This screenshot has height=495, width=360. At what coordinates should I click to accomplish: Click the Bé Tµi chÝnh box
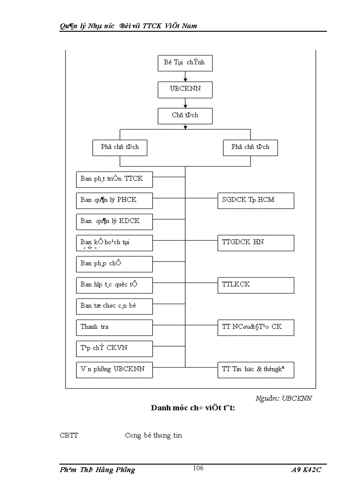coord(185,63)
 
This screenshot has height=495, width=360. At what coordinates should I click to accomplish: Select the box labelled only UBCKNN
coord(185,89)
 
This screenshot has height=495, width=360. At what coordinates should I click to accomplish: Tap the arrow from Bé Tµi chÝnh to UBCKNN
coord(185,76)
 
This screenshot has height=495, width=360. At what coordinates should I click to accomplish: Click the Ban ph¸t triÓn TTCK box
coord(114,179)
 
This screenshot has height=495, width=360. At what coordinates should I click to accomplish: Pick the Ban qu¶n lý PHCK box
coord(114,200)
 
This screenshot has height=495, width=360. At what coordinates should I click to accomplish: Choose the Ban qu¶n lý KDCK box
coord(114,221)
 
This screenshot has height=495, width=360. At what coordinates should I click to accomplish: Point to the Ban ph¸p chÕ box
coord(114,264)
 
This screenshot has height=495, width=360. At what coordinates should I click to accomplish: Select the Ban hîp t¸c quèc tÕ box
coord(114,285)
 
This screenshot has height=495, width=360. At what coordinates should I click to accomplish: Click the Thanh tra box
coord(114,327)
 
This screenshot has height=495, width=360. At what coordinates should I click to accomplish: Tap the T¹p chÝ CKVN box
coord(114,348)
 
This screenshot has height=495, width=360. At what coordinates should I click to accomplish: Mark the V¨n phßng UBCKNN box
coord(114,369)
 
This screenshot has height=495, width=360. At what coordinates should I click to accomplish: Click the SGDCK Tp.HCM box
coord(255,200)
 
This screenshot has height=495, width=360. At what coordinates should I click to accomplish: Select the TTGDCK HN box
coord(255,242)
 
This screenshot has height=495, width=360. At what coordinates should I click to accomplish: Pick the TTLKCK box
coord(255,285)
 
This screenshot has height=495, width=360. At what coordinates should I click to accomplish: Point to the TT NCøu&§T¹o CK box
coord(255,327)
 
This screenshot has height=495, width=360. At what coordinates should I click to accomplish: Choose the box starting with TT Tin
coord(255,369)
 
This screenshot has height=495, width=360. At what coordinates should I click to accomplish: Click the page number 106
coord(198,468)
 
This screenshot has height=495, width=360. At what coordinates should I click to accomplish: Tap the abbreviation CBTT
coord(69,435)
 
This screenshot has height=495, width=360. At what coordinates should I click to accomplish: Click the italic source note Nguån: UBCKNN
coord(284,398)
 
